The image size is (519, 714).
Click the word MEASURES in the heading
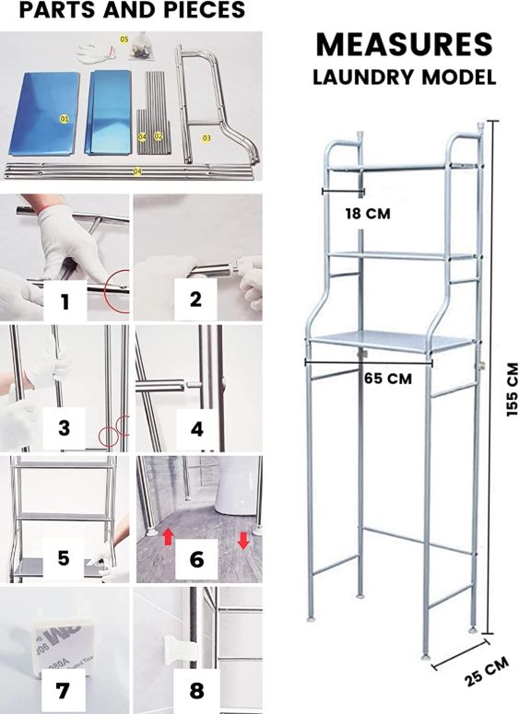tap(404, 44)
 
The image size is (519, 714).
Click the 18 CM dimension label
tap(368, 213)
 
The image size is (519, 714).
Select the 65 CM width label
tap(388, 379)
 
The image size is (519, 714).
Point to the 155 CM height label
tap(512, 389)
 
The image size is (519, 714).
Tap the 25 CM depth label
tap(487, 672)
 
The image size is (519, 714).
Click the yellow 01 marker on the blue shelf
tap(65, 119)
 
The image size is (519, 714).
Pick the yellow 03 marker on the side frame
tap(206, 137)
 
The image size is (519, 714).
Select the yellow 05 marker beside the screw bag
tap(124, 40)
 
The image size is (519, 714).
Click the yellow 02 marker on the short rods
tap(159, 135)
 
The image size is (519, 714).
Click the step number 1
tap(65, 301)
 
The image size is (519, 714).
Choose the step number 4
tap(197, 429)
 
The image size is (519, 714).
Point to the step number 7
tap(63, 690)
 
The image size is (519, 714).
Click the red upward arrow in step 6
tap(168, 537)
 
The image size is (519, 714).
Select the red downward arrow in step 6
tap(242, 540)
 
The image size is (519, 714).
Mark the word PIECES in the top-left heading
tap(201, 10)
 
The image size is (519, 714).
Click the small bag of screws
tap(140, 47)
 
